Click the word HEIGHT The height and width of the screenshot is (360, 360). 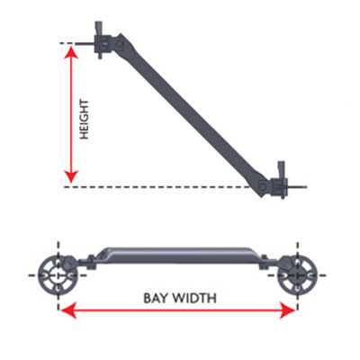pyautogui.click(x=85, y=120)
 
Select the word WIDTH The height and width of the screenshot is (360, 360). pyautogui.click(x=194, y=299)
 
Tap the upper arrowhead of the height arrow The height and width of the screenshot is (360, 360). pyautogui.click(x=71, y=51)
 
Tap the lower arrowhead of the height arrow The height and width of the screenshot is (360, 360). pyautogui.click(x=71, y=176)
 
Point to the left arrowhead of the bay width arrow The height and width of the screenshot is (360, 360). pyautogui.click(x=67, y=311)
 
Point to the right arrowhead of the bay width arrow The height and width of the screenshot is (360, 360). pyautogui.click(x=288, y=311)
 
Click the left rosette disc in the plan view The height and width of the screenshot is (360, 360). pyautogui.click(x=58, y=275)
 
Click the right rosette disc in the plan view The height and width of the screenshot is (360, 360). pyautogui.click(x=297, y=275)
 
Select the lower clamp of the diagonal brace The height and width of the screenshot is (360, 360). pyautogui.click(x=279, y=186)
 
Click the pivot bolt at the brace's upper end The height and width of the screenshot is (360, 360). pyautogui.click(x=119, y=44)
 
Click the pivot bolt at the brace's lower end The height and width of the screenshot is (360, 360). pyautogui.click(x=263, y=186)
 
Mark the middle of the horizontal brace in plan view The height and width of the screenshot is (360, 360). pyautogui.click(x=177, y=256)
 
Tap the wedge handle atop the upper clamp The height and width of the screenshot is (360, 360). pyautogui.click(x=99, y=29)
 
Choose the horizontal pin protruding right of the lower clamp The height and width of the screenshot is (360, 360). pyautogui.click(x=297, y=187)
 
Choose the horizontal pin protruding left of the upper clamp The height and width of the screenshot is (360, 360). pyautogui.click(x=85, y=44)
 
